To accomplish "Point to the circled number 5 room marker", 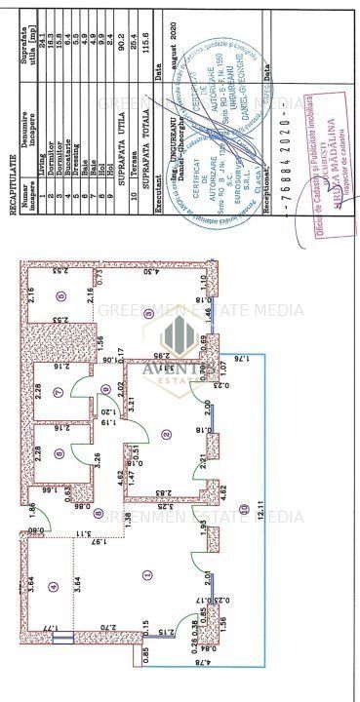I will coord(60,294).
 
